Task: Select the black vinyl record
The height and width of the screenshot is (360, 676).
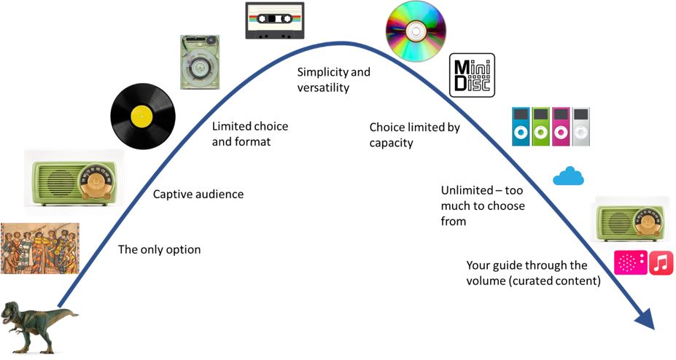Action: (143, 116)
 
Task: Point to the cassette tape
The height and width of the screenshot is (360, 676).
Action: (274, 20)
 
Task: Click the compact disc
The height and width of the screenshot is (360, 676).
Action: (415, 31)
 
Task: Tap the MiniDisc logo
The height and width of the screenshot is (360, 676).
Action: (472, 75)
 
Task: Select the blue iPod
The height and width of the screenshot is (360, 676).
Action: (520, 127)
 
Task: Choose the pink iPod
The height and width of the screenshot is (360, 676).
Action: (561, 127)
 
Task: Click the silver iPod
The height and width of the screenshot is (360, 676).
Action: (580, 127)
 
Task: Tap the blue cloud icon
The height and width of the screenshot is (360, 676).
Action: (568, 176)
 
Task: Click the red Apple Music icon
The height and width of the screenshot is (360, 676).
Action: (661, 262)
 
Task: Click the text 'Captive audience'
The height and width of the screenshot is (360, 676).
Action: (198, 195)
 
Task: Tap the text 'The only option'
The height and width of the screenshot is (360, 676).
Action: (159, 250)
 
